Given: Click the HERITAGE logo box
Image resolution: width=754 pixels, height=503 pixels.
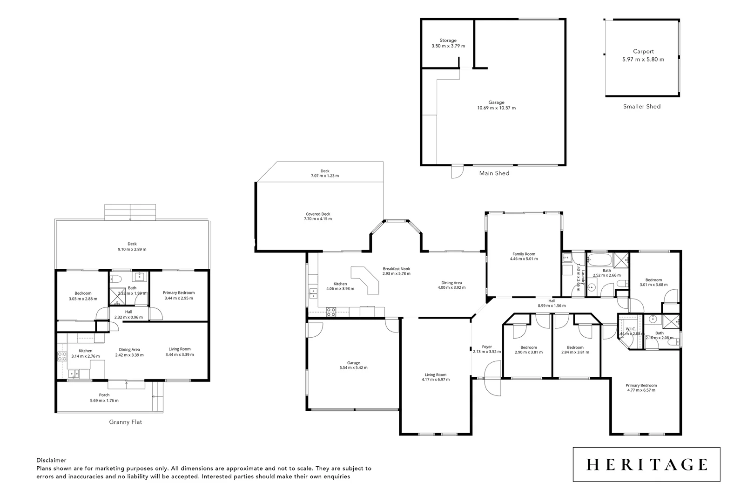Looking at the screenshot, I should point(646,464).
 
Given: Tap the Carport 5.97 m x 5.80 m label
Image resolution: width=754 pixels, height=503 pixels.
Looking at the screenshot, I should point(643,55).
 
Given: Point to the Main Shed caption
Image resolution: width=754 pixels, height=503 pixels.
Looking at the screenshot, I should point(494,173).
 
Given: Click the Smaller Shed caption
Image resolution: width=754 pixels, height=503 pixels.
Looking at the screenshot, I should point(641,107).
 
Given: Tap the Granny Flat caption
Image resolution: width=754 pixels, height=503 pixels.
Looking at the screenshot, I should point(125,422).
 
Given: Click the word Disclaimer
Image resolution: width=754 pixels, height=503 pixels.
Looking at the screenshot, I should point(51,460).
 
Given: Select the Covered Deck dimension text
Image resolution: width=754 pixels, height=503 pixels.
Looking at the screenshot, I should point(317,219).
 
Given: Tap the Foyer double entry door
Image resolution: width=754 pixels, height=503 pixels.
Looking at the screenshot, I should point(491,378).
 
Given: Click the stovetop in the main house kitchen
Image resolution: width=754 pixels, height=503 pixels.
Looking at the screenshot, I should point(331,312).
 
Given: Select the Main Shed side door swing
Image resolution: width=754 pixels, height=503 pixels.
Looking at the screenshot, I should point(457,172).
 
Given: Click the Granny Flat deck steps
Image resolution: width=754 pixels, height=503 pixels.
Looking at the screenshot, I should point(130,212).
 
